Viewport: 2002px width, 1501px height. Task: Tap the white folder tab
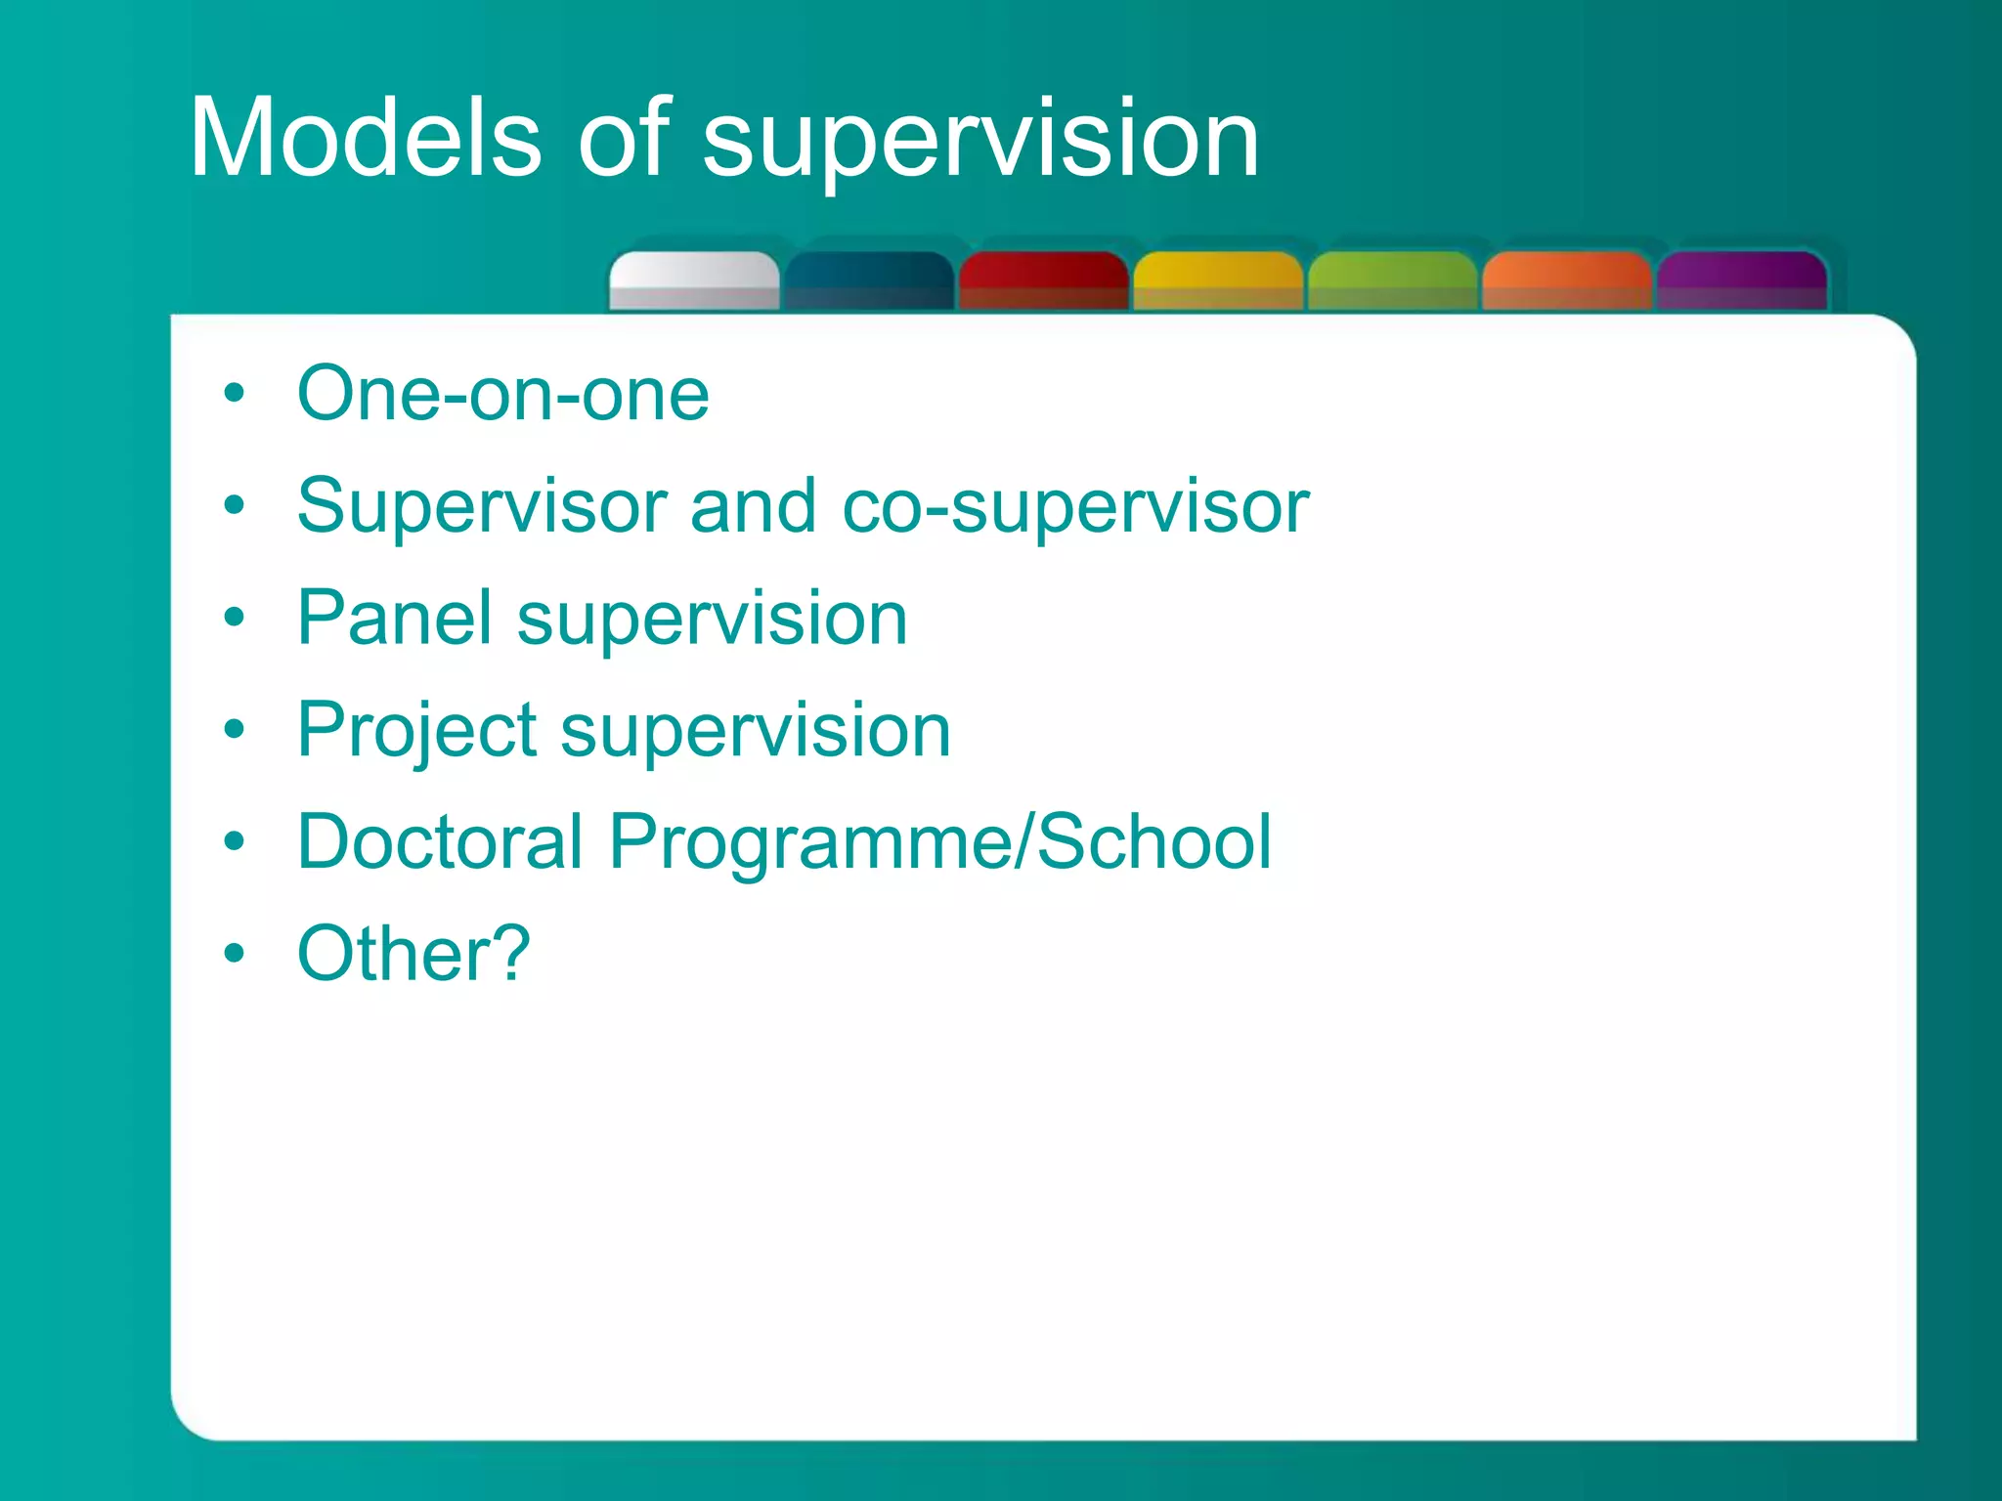[694, 281]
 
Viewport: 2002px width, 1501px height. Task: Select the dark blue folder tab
[868, 281]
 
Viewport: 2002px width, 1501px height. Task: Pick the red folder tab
[1043, 281]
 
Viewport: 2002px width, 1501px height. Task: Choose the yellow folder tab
[1218, 281]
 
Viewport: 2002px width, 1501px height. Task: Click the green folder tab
[1392, 281]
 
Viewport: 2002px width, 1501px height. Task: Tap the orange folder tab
[1566, 281]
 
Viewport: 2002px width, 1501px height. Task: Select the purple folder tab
[1741, 281]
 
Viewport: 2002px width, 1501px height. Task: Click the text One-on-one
[503, 394]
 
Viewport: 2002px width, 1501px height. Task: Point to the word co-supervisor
[1074, 506]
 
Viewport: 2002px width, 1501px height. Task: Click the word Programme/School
[939, 843]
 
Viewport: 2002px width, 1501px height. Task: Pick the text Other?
[413, 954]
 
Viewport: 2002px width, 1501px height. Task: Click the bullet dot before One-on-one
[234, 395]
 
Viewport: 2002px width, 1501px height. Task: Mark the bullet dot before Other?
[234, 954]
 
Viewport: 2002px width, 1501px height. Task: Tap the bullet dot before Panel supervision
[234, 619]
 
